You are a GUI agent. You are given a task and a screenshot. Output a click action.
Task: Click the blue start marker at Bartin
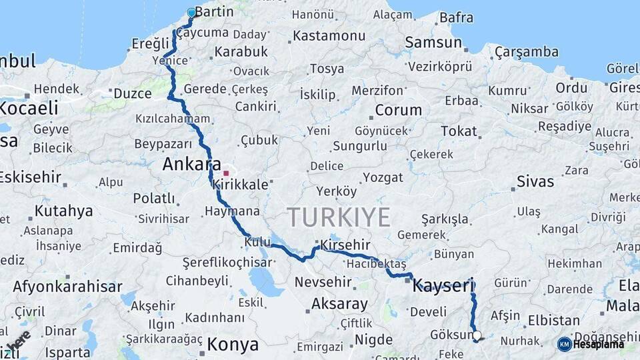coord(192,13)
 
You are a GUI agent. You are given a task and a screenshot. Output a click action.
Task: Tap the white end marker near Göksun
coord(477,335)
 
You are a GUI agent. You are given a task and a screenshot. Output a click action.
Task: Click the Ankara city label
coord(192,164)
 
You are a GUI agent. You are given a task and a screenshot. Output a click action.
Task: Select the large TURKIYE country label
coord(339,217)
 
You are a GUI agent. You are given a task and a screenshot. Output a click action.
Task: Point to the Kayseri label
coord(443,287)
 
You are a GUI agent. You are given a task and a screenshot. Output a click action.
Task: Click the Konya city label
coord(233,345)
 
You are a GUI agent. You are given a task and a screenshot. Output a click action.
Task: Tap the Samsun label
coord(433,43)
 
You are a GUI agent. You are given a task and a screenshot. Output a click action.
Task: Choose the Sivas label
coord(535,181)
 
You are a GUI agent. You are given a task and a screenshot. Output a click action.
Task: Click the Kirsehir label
coord(345,245)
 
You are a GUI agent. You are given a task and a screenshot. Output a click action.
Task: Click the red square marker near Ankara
coord(226,173)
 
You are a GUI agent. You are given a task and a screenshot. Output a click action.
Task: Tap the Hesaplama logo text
coord(599,344)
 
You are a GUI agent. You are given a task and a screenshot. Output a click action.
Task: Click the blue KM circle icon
coord(564,344)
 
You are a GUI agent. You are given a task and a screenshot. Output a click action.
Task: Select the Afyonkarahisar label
coord(67,287)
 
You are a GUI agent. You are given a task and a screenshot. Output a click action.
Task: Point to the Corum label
coord(398,110)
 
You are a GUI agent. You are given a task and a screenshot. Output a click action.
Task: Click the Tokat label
coord(459,131)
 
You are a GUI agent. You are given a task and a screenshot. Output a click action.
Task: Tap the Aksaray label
coord(339,305)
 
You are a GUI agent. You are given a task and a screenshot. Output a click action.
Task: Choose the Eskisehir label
coord(29,177)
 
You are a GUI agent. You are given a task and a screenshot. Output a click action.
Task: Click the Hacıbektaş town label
coord(376,264)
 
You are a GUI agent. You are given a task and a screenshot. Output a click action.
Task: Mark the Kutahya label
coord(63,211)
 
